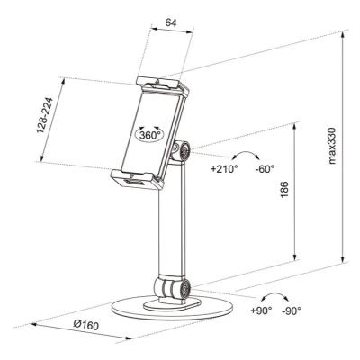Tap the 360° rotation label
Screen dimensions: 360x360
point(150,133)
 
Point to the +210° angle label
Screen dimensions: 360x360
point(223,168)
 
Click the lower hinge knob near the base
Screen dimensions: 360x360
point(184,290)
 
